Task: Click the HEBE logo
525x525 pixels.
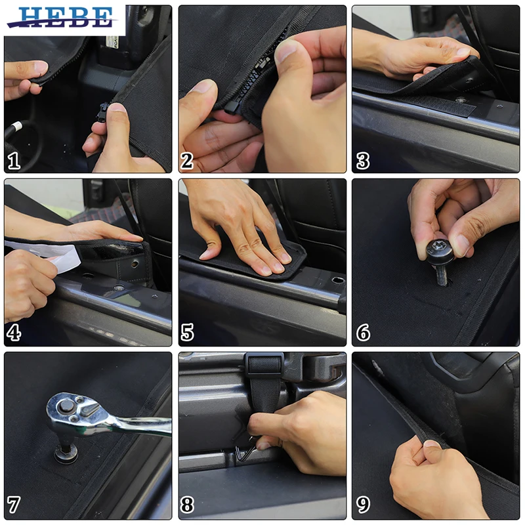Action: [63, 18]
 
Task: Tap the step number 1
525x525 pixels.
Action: [14, 161]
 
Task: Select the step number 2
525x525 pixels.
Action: [187, 161]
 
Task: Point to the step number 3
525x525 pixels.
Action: [363, 161]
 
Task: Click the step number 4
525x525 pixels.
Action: [14, 333]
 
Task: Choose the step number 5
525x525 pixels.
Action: [188, 333]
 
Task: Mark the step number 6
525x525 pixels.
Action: [364, 333]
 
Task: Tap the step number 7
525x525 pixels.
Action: [14, 505]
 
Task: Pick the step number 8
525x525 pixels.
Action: [187, 505]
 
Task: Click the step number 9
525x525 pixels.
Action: [364, 505]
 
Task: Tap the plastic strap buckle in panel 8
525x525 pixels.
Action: [265, 364]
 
